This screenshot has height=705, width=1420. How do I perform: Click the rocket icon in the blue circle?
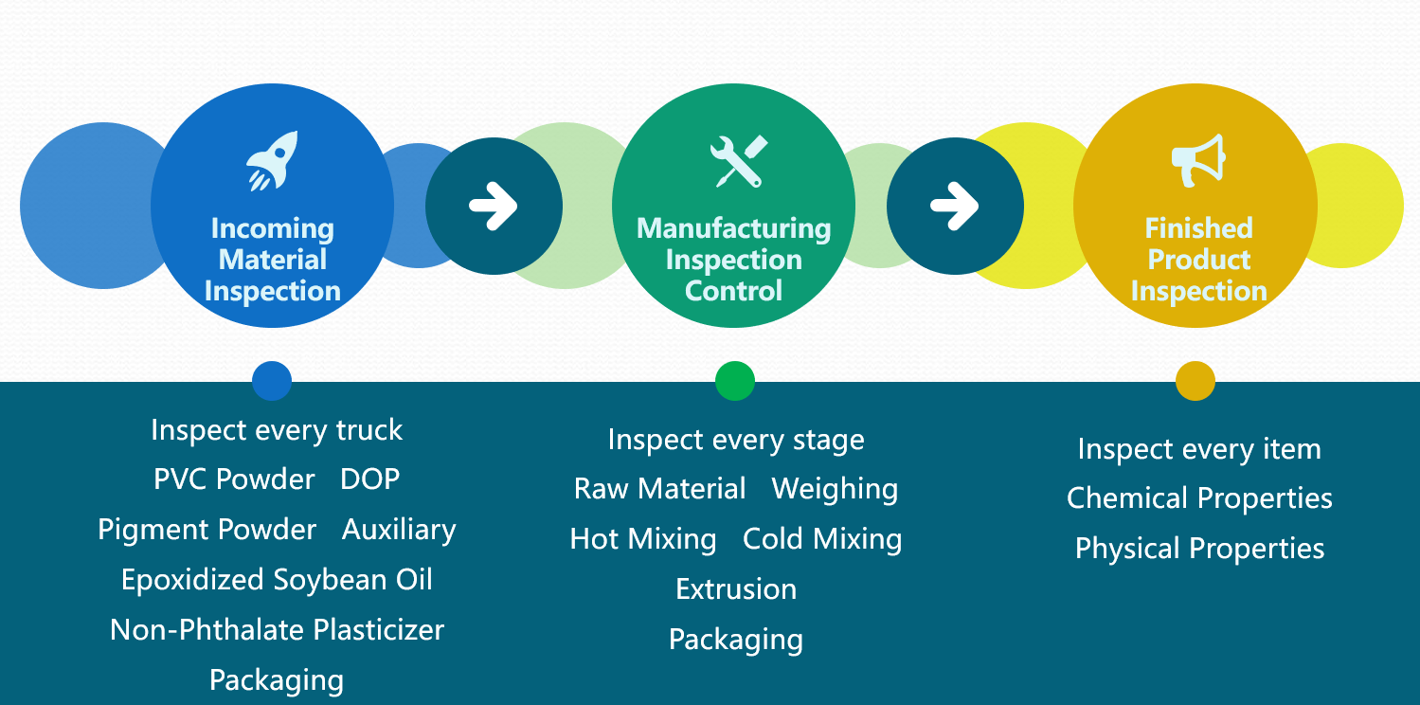[x=273, y=161]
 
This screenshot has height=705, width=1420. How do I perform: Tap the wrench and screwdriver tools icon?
[x=739, y=161]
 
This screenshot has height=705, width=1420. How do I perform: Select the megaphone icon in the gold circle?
[x=1198, y=160]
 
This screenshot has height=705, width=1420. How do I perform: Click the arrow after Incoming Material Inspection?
[x=494, y=206]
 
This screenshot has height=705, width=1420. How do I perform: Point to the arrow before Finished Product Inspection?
[x=955, y=206]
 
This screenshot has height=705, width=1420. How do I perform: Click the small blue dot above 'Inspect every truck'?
[x=272, y=381]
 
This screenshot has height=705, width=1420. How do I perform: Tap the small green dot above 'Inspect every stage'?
[x=735, y=381]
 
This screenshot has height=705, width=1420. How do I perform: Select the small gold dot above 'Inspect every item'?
[x=1195, y=381]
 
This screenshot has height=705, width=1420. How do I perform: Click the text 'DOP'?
[x=370, y=479]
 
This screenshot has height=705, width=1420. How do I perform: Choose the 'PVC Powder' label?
[x=234, y=479]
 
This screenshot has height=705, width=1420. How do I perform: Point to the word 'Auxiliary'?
[x=399, y=530]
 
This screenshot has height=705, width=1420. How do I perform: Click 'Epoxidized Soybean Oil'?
[x=277, y=580]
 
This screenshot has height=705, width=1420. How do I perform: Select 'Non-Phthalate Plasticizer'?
[x=277, y=630]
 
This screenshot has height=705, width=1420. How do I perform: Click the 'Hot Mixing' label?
[x=643, y=539]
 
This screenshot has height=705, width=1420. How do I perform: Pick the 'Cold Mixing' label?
[x=822, y=539]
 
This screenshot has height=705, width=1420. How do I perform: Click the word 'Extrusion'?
[x=736, y=589]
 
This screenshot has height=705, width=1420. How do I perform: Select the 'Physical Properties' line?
[x=1199, y=549]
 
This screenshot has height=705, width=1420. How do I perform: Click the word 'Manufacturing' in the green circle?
[x=733, y=229]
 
